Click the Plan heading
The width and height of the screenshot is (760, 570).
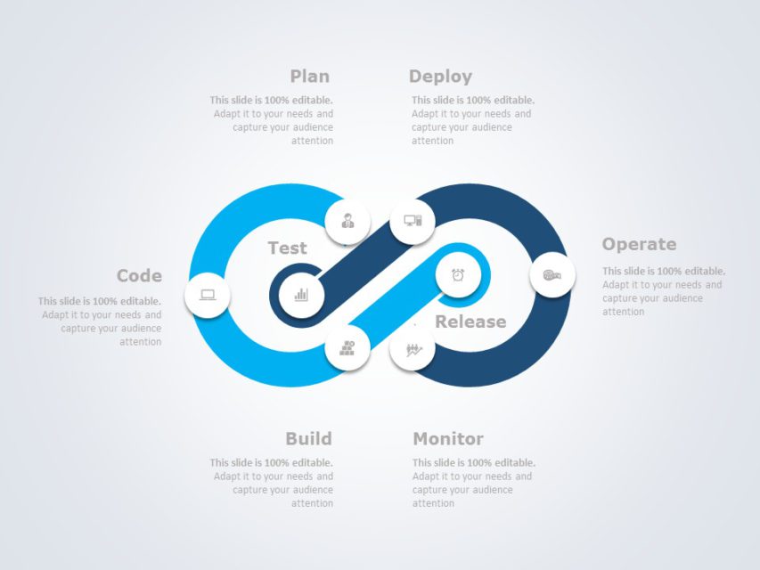tap(309, 77)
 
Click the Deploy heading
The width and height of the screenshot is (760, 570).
tap(440, 77)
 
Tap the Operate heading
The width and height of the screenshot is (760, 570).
tap(639, 244)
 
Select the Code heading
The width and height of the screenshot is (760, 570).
tap(139, 276)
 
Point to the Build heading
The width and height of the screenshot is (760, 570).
tap(308, 438)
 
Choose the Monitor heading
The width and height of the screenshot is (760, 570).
tap(448, 438)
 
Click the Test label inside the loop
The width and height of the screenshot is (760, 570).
tap(287, 248)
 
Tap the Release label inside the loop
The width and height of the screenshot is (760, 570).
tap(470, 322)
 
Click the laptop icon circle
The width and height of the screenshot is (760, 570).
tap(208, 295)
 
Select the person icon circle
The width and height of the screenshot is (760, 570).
tap(347, 221)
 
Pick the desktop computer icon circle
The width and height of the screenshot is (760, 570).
tap(413, 221)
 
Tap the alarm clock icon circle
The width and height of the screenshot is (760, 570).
tap(458, 275)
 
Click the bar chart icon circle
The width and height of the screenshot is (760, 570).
tap(301, 294)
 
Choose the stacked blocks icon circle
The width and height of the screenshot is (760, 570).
tap(347, 348)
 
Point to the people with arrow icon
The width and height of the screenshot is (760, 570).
tap(413, 349)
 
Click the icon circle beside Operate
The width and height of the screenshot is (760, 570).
tap(552, 275)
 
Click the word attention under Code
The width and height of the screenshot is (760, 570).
tap(141, 342)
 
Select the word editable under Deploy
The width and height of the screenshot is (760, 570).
tap(515, 101)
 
